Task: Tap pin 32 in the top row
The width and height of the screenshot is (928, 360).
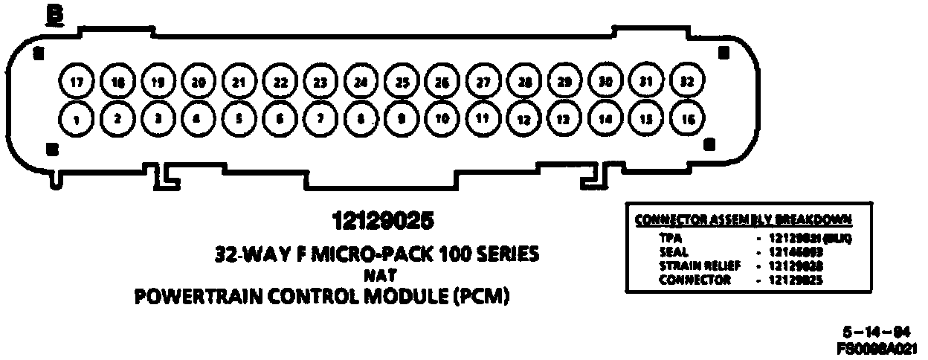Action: point(687,82)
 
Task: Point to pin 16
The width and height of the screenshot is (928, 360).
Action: point(687,118)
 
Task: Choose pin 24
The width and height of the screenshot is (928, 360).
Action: point(361,82)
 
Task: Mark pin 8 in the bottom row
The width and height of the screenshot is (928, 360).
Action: point(361,118)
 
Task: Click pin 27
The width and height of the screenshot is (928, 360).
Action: point(483,82)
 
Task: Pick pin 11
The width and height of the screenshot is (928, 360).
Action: point(483,118)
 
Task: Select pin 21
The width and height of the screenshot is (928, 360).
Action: point(239,82)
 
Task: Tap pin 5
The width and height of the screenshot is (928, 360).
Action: point(239,118)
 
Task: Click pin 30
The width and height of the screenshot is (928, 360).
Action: point(605,82)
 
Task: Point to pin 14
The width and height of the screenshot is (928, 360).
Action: point(605,118)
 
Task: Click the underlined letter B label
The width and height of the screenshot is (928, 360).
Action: point(54,16)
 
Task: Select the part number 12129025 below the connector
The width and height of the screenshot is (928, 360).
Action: point(383,222)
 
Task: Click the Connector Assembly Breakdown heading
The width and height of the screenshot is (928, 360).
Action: point(743,220)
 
